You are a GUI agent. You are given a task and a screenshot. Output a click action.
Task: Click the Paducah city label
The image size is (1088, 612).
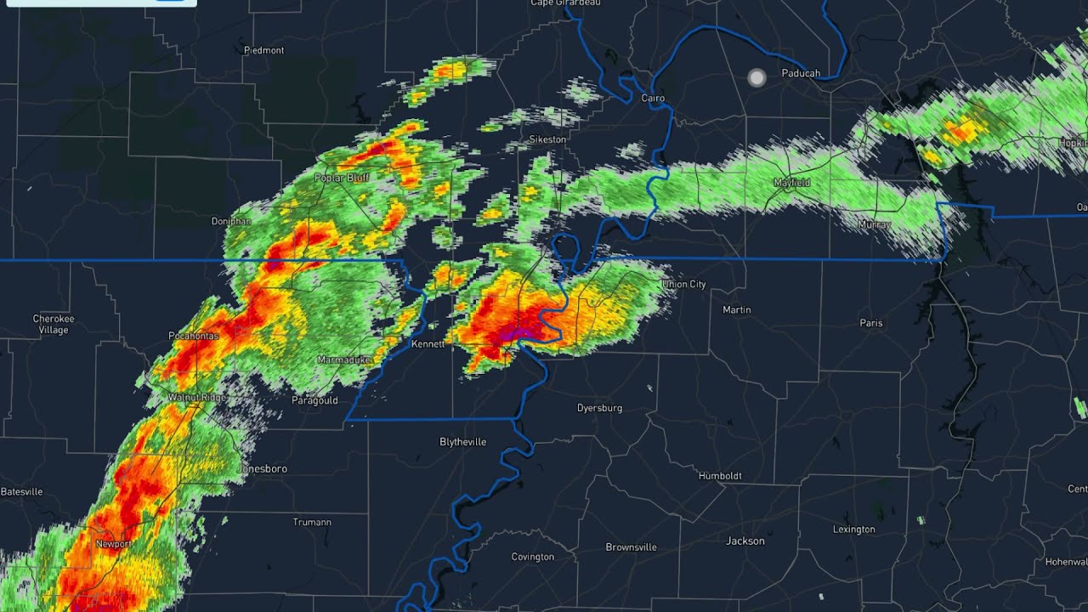801,73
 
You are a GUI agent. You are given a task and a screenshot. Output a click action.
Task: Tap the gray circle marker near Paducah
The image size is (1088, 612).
756,78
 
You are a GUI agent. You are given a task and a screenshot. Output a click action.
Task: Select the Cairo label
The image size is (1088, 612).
653,99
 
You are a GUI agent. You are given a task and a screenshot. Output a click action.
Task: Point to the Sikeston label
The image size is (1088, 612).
547,139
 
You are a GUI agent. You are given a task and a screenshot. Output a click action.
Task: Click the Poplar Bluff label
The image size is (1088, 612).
341,178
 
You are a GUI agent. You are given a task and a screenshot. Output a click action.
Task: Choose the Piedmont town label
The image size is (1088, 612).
263,50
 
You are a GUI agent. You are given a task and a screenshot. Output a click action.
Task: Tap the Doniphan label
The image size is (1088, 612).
231,221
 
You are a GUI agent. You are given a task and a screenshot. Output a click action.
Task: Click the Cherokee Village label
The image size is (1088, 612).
54,324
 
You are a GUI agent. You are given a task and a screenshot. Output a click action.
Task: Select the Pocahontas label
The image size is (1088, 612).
194,336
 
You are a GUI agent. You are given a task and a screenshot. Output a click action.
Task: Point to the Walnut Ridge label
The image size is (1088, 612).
196,398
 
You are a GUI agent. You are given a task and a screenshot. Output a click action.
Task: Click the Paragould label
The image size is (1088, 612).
314,400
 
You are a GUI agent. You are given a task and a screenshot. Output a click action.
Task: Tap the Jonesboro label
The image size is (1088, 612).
263,468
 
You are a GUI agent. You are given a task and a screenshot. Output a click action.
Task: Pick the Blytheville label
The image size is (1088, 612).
462,442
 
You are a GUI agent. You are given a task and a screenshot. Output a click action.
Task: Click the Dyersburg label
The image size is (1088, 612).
599,408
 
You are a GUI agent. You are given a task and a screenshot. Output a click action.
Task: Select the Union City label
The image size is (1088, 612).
683,284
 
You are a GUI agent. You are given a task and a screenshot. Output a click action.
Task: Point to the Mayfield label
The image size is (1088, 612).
791,183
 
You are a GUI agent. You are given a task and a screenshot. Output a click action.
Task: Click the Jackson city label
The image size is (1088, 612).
745,541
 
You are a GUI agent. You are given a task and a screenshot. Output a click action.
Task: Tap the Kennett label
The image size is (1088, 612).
428,344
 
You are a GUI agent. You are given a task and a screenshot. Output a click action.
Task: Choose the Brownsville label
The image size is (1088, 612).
631,547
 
